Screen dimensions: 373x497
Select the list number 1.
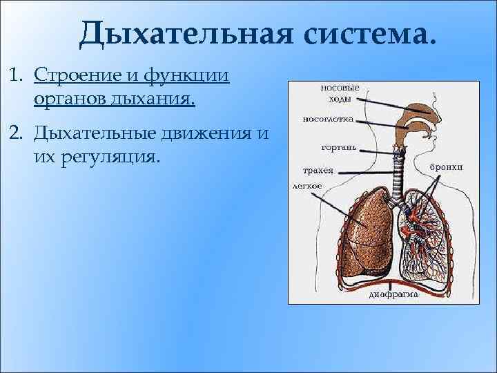(x=17, y=75)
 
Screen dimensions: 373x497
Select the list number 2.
(x=17, y=132)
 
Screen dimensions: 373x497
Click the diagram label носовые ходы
(x=340, y=93)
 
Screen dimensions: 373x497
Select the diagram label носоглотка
(x=329, y=119)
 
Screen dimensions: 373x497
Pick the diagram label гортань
(x=338, y=147)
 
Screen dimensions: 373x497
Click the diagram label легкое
(x=307, y=186)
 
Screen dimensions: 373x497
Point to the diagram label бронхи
(x=446, y=167)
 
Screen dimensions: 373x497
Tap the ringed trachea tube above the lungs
(x=398, y=176)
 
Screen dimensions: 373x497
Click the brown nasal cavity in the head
(x=417, y=111)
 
